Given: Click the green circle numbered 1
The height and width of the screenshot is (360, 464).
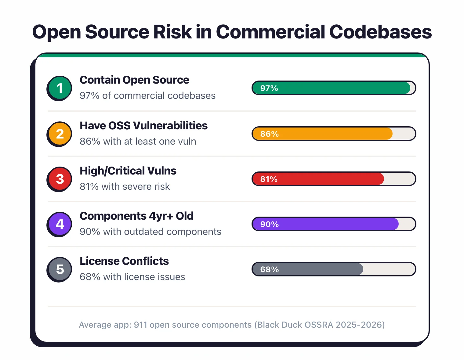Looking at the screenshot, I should pos(60,88).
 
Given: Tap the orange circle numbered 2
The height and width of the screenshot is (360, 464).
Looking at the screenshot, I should pos(60,134).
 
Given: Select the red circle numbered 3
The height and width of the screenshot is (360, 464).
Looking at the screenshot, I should pos(60,179).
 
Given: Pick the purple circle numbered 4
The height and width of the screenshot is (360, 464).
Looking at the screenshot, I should pos(60,224).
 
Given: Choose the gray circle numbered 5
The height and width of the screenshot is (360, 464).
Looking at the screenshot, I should pos(60,269).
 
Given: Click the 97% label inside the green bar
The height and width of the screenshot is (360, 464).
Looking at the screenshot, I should pos(269,88).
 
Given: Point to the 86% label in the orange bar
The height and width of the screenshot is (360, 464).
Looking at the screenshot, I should pos(269,134).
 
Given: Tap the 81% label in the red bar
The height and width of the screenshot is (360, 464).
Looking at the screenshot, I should pos(269,179).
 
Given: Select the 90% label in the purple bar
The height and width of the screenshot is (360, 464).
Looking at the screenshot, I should pos(269,224).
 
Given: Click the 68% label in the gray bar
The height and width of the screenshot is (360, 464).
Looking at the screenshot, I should pos(269,269).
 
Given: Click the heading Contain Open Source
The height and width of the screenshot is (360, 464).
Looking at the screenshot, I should pos(134,80).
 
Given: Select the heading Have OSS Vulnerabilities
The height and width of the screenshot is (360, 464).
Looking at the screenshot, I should pos(143,126).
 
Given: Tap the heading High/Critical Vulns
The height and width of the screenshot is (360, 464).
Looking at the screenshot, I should pos(128,171).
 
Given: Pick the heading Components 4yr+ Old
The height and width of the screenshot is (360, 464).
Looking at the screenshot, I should pos(136,216).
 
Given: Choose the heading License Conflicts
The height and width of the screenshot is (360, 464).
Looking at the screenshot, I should pos(124,261).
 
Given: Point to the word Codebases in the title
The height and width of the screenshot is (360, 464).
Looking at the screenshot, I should pos(380,32).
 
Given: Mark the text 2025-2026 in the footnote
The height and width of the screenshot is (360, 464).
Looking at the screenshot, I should pos(359,325).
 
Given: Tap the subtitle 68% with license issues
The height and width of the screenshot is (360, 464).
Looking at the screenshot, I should pos(132,277).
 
